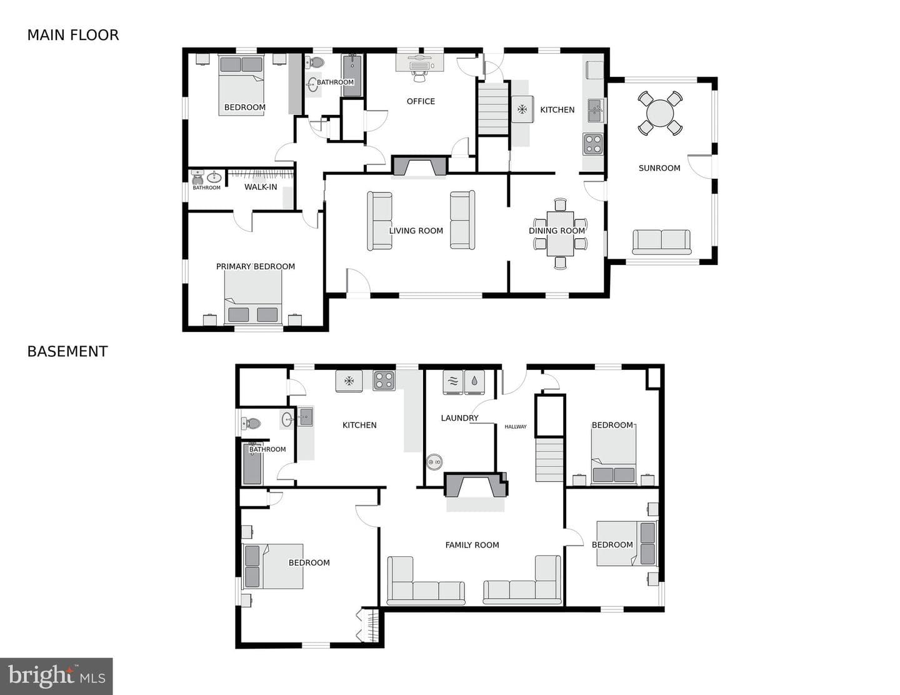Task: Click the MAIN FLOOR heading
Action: (73, 35)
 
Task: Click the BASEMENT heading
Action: (67, 352)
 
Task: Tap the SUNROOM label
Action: (659, 168)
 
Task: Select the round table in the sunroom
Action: (660, 112)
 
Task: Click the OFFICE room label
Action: (421, 101)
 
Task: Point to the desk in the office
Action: (420, 63)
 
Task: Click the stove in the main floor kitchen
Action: (593, 144)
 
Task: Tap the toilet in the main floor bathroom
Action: (315, 62)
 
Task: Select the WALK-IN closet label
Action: (261, 187)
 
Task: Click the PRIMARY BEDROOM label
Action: (256, 267)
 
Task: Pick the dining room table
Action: (560, 234)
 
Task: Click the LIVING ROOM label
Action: (416, 231)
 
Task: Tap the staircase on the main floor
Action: (493, 108)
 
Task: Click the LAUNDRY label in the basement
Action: (460, 418)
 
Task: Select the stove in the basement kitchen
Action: (384, 381)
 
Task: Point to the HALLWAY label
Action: (516, 427)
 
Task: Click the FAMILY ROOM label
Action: (472, 546)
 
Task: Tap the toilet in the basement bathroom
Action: (251, 423)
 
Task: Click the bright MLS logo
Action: (56, 676)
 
